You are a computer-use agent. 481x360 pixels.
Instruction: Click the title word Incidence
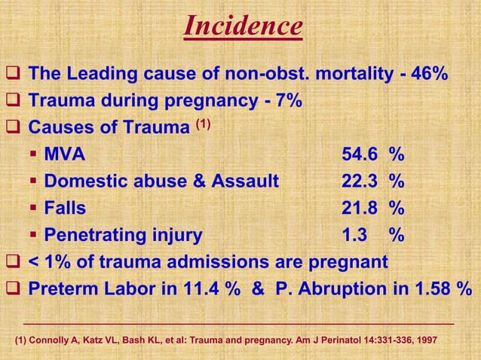pos(244,27)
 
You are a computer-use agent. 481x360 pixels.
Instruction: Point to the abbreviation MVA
pos(65,154)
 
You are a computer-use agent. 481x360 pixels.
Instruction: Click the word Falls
pos(65,208)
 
